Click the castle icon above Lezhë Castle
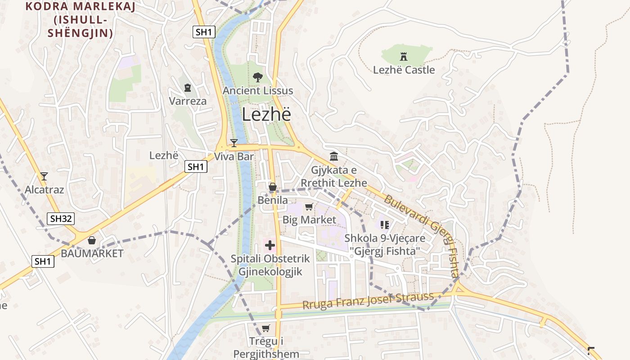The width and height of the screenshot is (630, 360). pos(403,57)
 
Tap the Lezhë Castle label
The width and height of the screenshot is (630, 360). pos(404,70)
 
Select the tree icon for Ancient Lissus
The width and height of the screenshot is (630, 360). pos(258,77)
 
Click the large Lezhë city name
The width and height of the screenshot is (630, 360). pos(266,114)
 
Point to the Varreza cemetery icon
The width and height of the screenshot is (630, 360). pos(188,88)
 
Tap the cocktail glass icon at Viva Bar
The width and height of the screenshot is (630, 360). pos(234,143)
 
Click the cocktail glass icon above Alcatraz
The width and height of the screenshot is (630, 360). pos(44,176)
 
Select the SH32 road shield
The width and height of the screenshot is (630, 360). pos(61,219)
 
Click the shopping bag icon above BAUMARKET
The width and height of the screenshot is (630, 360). pos(92,240)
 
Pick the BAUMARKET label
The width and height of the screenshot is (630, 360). pos(92,253)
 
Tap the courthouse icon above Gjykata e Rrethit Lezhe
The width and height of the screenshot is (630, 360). pos(334,157)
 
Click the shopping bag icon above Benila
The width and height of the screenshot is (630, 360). pos(272,186)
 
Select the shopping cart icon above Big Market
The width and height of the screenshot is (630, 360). pos(309,207)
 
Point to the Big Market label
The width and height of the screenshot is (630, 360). pos(309,220)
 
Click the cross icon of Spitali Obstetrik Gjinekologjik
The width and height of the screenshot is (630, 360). pos(270,245)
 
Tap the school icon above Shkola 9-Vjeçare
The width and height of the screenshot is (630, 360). pos(384,224)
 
